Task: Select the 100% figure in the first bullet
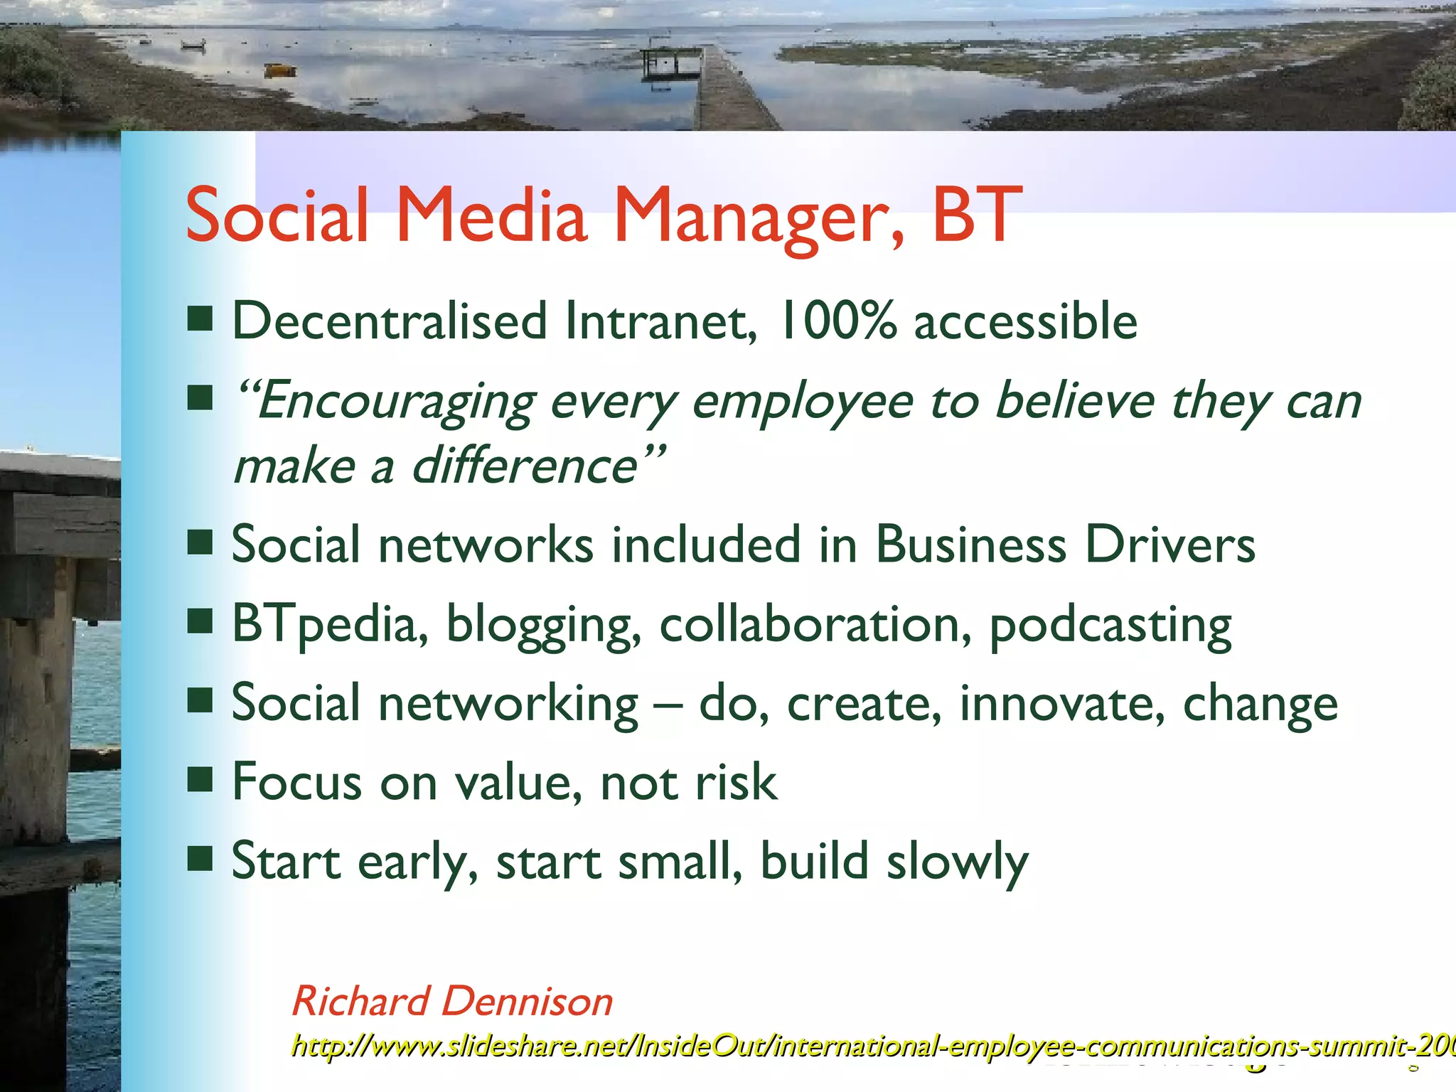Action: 837,321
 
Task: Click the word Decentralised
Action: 390,321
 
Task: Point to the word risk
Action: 736,782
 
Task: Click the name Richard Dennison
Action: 452,1001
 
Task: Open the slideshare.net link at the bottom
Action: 853,1046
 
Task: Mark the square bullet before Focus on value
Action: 200,779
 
